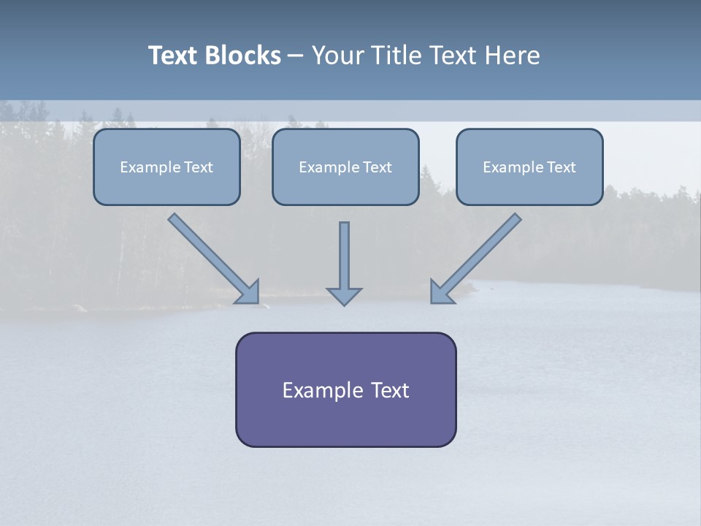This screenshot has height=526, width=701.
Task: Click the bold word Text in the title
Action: click(x=173, y=56)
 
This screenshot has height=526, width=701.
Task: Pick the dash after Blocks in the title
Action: click(x=296, y=56)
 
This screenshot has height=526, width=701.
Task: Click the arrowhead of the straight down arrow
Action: click(x=344, y=296)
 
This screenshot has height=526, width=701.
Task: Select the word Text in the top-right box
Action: click(x=562, y=167)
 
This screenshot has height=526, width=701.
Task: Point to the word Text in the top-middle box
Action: click(x=378, y=167)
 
